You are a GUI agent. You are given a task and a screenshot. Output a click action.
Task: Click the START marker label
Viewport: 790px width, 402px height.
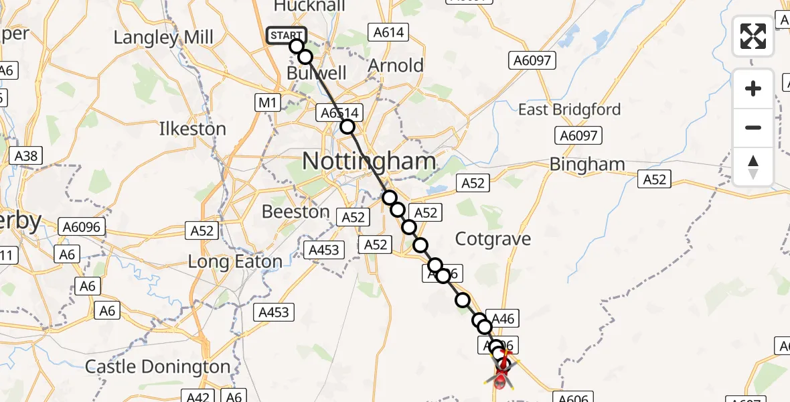287,36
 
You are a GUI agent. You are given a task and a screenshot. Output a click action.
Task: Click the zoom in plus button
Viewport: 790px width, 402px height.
753,88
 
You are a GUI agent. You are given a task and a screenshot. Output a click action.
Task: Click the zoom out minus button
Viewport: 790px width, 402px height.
753,127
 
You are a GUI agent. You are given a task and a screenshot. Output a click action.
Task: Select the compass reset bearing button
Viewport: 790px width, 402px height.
753,166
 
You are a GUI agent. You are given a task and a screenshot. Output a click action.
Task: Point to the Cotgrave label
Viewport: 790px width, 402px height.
493,239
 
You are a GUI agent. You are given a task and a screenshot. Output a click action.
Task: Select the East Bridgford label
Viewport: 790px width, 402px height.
569,110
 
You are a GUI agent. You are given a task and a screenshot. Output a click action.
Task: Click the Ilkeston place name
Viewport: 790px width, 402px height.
192,129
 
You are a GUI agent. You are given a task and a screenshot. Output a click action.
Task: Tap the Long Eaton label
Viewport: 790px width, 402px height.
234,262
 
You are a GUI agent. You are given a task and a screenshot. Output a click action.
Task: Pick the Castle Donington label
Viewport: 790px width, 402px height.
158,367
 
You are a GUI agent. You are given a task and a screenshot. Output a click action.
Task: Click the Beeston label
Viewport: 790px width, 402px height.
295,212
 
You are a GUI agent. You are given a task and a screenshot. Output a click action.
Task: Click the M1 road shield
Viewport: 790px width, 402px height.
267,103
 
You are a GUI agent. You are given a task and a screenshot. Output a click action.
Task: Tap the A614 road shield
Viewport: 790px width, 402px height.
386,31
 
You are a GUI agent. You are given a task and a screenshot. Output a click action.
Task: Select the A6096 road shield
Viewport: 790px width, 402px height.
80,227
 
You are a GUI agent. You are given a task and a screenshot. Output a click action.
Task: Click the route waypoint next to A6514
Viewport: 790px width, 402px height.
347,127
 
